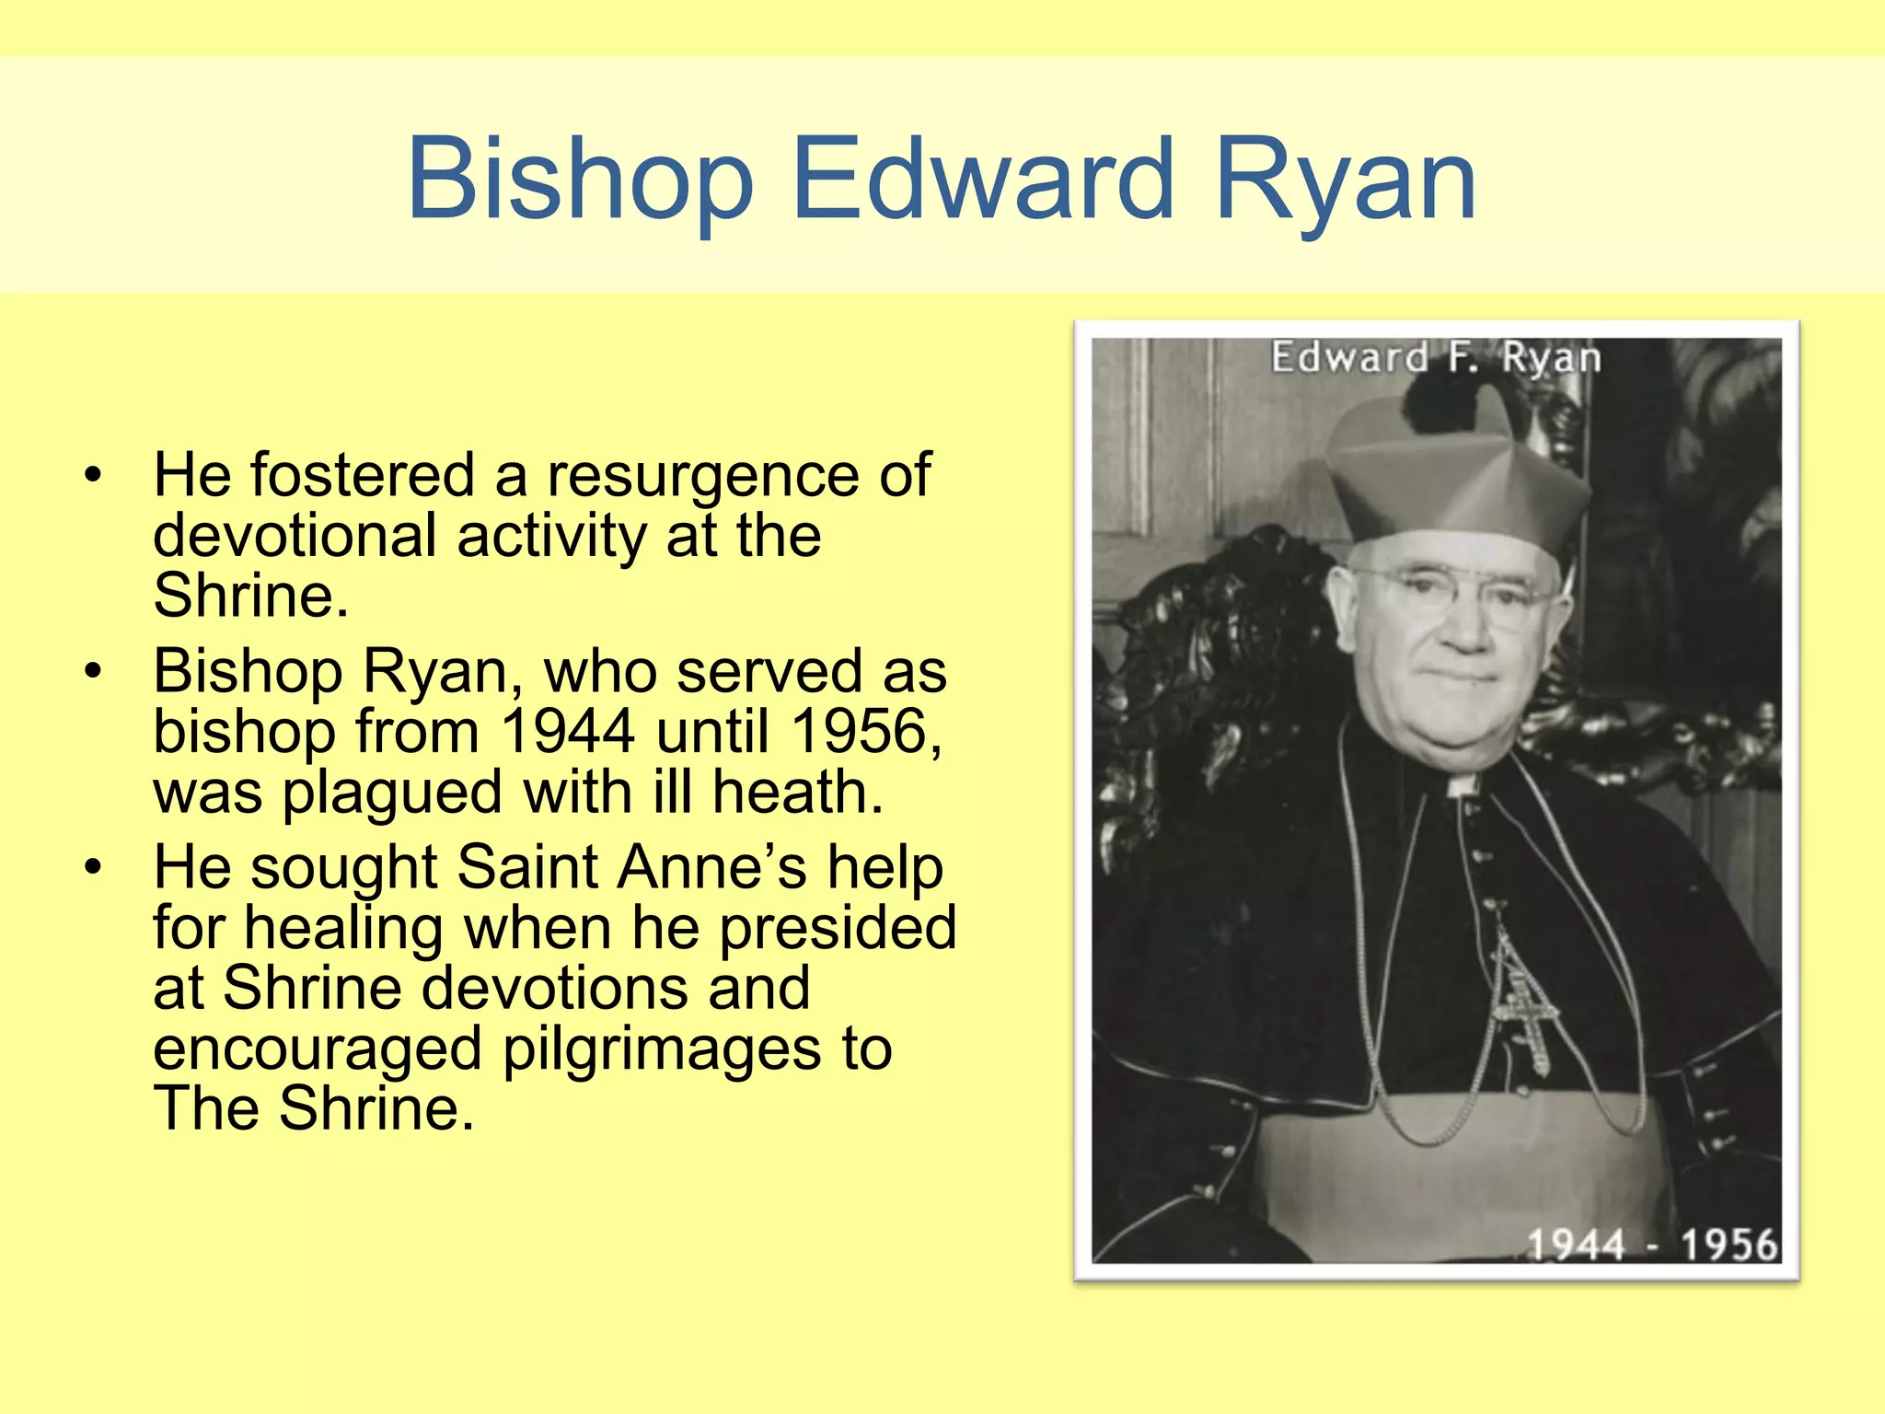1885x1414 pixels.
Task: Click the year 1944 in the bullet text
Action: [x=568, y=732]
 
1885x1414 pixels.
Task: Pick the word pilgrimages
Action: [x=661, y=1049]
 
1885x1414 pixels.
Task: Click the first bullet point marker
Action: [x=92, y=476]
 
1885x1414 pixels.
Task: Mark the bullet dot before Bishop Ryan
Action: [x=92, y=672]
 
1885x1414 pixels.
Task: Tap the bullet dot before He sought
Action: [x=92, y=867]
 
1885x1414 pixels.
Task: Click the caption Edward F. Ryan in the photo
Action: [x=1436, y=357]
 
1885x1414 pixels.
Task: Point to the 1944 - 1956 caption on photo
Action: [x=1652, y=1245]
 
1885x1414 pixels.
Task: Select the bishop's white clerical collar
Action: [x=1463, y=785]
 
